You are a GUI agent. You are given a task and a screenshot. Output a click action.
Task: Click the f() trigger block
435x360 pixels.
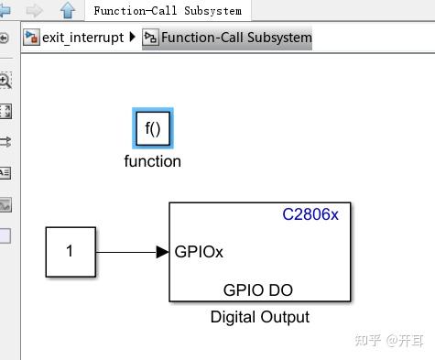click(x=152, y=129)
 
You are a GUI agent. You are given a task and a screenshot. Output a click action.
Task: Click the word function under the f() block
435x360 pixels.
click(x=152, y=161)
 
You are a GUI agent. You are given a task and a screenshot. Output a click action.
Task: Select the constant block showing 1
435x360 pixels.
click(x=70, y=251)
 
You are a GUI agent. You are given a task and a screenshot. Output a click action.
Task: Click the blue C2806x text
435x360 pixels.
click(x=310, y=215)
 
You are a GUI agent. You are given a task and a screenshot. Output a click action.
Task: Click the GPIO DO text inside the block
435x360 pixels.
click(x=258, y=289)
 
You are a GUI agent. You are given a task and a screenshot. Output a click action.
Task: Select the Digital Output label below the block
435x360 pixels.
click(x=259, y=317)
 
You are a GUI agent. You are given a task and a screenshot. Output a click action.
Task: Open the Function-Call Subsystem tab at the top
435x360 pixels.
click(x=168, y=11)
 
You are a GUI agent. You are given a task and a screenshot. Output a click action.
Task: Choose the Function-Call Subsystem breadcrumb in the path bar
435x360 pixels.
click(x=235, y=38)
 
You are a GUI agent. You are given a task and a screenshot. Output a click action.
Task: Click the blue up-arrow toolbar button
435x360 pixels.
click(x=67, y=11)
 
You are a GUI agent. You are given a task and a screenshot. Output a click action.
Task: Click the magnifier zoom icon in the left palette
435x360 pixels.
click(x=5, y=81)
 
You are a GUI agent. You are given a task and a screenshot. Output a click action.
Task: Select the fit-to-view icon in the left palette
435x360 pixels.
click(x=5, y=111)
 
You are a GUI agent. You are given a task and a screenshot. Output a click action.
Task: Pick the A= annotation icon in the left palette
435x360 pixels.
click(x=5, y=172)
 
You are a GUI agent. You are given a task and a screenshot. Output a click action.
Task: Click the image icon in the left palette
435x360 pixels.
click(x=5, y=204)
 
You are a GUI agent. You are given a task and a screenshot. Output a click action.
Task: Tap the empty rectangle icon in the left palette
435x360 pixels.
click(x=5, y=235)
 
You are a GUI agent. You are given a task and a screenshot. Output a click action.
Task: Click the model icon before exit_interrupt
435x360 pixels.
click(x=31, y=38)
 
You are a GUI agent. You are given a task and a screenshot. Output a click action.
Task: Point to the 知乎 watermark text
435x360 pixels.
click(x=367, y=340)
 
